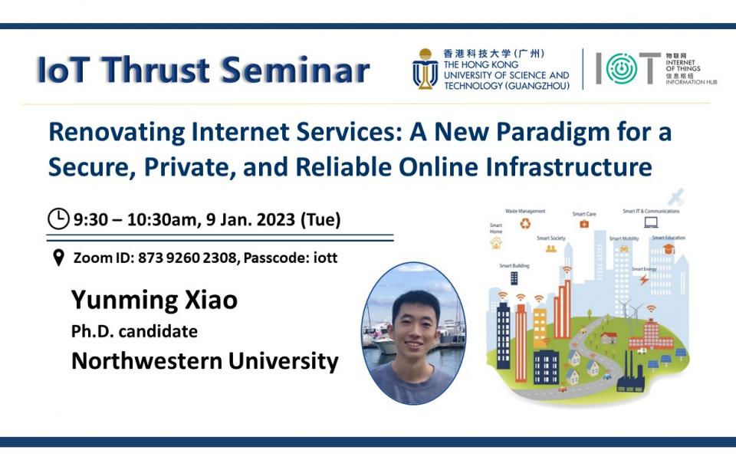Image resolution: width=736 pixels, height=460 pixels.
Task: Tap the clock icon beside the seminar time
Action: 58,219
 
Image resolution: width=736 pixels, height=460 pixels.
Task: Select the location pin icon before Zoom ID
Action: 58,258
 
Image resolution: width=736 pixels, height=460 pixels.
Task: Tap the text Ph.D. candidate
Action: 134,331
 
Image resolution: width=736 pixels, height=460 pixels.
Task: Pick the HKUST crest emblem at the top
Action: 425,70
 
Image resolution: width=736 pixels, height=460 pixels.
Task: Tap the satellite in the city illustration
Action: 675,197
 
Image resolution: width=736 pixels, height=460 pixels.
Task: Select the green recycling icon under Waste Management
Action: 526,224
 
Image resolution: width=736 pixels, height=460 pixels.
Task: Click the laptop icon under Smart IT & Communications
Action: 651,222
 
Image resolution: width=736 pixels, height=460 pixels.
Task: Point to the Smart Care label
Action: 583,214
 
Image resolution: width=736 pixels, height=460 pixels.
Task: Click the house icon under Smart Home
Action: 496,244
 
